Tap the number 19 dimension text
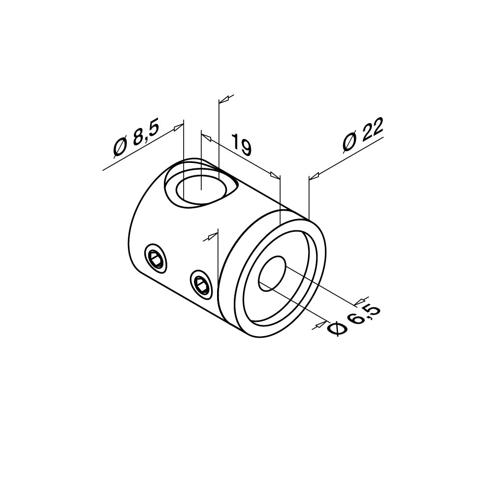(241, 144)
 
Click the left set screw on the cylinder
(155, 257)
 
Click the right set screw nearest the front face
(202, 283)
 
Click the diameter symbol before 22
(349, 143)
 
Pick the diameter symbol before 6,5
(336, 330)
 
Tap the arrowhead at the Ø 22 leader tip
(314, 175)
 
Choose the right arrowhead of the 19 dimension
(274, 174)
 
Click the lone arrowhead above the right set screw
(211, 237)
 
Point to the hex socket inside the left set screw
(156, 258)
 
